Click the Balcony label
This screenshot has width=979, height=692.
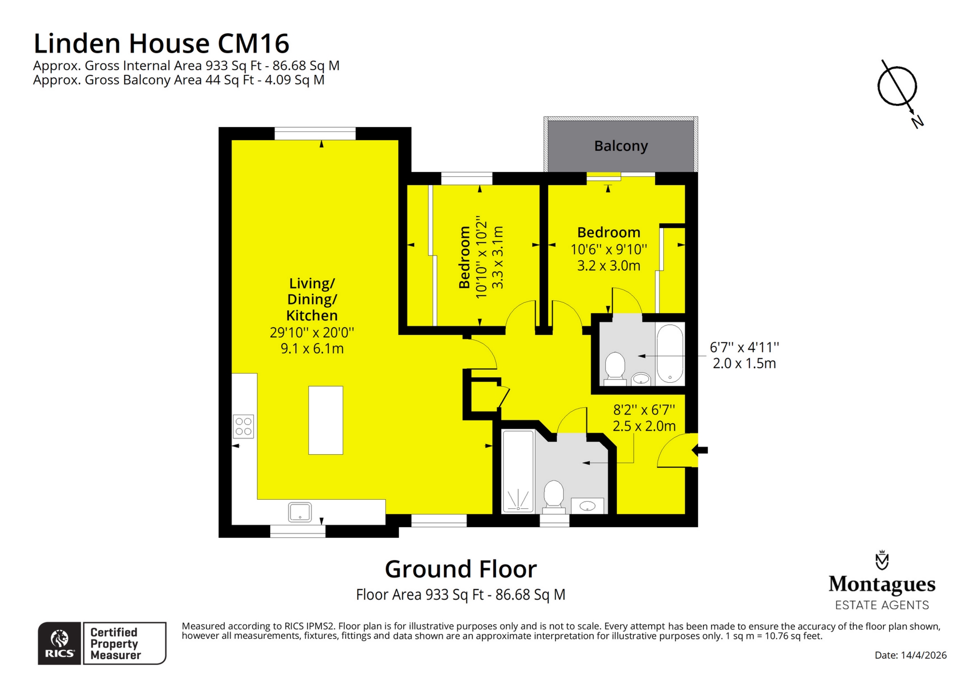coord(621,146)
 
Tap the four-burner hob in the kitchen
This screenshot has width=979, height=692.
coord(243,426)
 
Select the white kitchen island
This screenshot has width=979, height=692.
coord(325,420)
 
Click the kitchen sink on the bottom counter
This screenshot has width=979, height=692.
coord(300,512)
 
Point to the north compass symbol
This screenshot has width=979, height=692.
coord(897,87)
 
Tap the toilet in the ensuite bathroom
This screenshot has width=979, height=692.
coord(615,366)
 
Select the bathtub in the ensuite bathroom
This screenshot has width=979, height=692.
coord(670,353)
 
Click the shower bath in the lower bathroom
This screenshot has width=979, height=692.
coord(518,471)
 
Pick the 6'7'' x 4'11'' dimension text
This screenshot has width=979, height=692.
coord(744,347)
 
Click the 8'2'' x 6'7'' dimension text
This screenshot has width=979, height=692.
coord(644,410)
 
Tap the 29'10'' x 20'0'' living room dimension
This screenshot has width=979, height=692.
coord(312,332)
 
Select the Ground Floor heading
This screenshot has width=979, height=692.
coord(460,569)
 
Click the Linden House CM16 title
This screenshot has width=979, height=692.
coord(161,43)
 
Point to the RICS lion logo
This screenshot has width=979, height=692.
coord(59,639)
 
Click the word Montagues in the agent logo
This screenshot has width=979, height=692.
coord(882,584)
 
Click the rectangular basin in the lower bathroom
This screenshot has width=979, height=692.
coord(587,506)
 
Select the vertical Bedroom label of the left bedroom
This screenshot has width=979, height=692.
coord(465,257)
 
